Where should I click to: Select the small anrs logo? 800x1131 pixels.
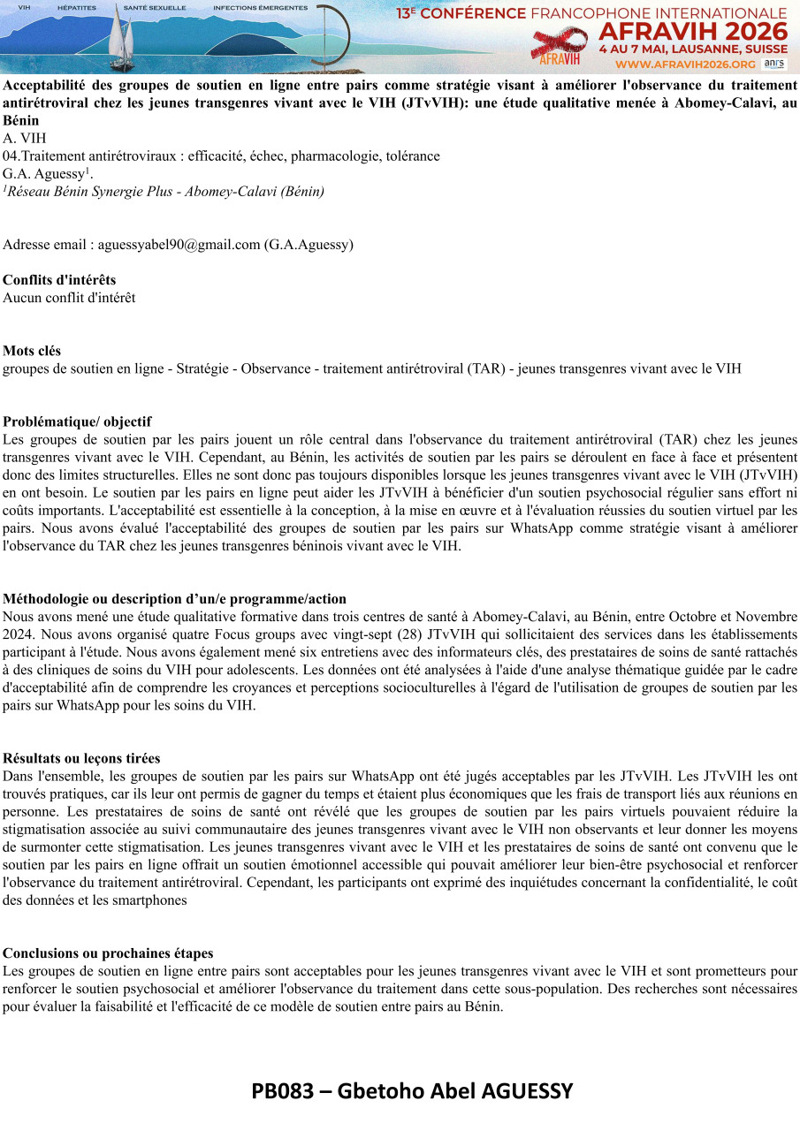pos(773,64)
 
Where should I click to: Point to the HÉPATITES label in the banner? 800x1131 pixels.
pos(76,7)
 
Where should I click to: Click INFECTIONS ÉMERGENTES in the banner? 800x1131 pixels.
pos(260,7)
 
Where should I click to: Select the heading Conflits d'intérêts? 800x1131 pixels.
pos(59,280)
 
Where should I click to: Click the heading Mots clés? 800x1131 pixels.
pos(32,351)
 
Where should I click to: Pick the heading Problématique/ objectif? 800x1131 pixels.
pos(77,421)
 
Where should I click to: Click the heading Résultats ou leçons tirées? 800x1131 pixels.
pos(81,758)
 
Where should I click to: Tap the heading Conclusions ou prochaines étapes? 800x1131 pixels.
pos(108,953)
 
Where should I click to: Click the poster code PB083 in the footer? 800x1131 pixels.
pos(282,1091)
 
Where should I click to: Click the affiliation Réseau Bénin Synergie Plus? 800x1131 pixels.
pos(93,191)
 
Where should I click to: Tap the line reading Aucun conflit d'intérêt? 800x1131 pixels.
pos(69,298)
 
